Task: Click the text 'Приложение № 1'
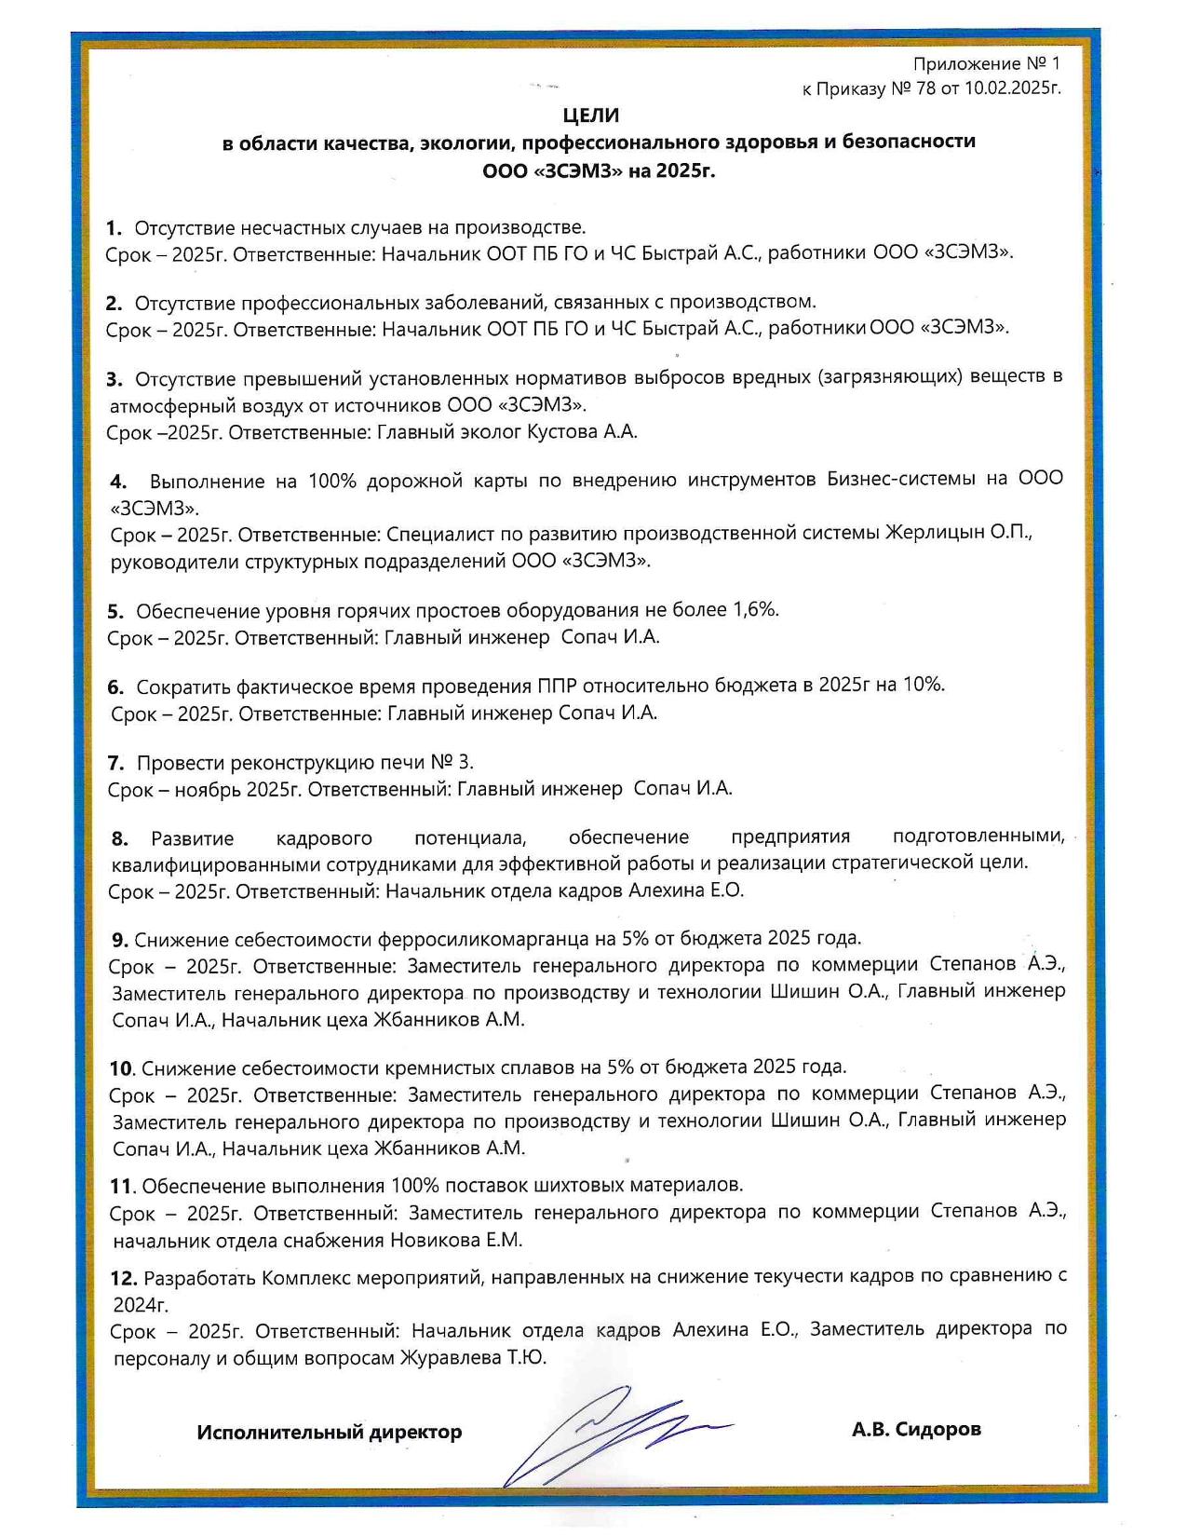click(x=986, y=64)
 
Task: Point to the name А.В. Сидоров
click(x=915, y=1429)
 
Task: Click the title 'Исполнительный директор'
click(x=329, y=1432)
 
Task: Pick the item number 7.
click(x=115, y=763)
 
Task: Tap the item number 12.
click(x=123, y=1277)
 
